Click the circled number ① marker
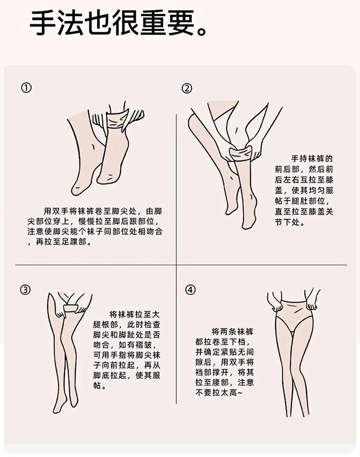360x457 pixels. click(x=26, y=88)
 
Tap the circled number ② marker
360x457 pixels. click(x=187, y=88)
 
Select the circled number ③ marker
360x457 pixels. click(x=25, y=290)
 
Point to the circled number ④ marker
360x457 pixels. click(x=190, y=290)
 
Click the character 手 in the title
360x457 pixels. click(x=43, y=24)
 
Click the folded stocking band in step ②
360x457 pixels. click(x=240, y=153)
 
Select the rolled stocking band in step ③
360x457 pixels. click(x=71, y=308)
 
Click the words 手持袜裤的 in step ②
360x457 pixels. click(x=312, y=159)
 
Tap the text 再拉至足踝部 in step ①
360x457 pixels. click(x=60, y=242)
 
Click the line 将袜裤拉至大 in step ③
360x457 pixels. click(x=135, y=315)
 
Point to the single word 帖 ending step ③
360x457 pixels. click(x=97, y=385)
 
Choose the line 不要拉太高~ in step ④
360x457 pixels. click(x=219, y=393)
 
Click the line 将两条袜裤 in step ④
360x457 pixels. click(x=233, y=331)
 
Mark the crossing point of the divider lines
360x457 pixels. click(x=176, y=265)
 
